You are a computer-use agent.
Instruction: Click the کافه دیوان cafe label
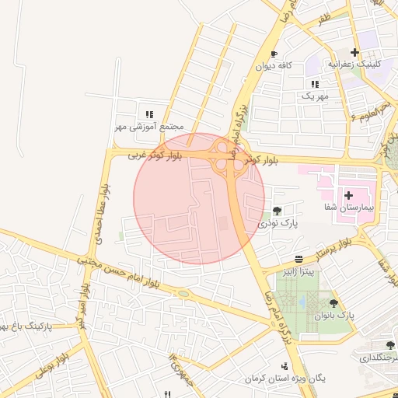[274, 67]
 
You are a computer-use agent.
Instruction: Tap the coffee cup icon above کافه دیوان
[274, 54]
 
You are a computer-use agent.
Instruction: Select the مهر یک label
[315, 96]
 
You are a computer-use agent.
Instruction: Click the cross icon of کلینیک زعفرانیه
[355, 52]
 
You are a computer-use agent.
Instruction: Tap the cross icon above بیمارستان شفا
[348, 194]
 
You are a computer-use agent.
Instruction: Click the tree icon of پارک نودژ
[278, 211]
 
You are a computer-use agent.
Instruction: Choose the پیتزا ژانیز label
[299, 271]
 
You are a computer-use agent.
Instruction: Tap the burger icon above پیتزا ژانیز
[299, 259]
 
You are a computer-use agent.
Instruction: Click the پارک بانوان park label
[335, 316]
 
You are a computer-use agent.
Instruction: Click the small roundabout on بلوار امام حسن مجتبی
[183, 293]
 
